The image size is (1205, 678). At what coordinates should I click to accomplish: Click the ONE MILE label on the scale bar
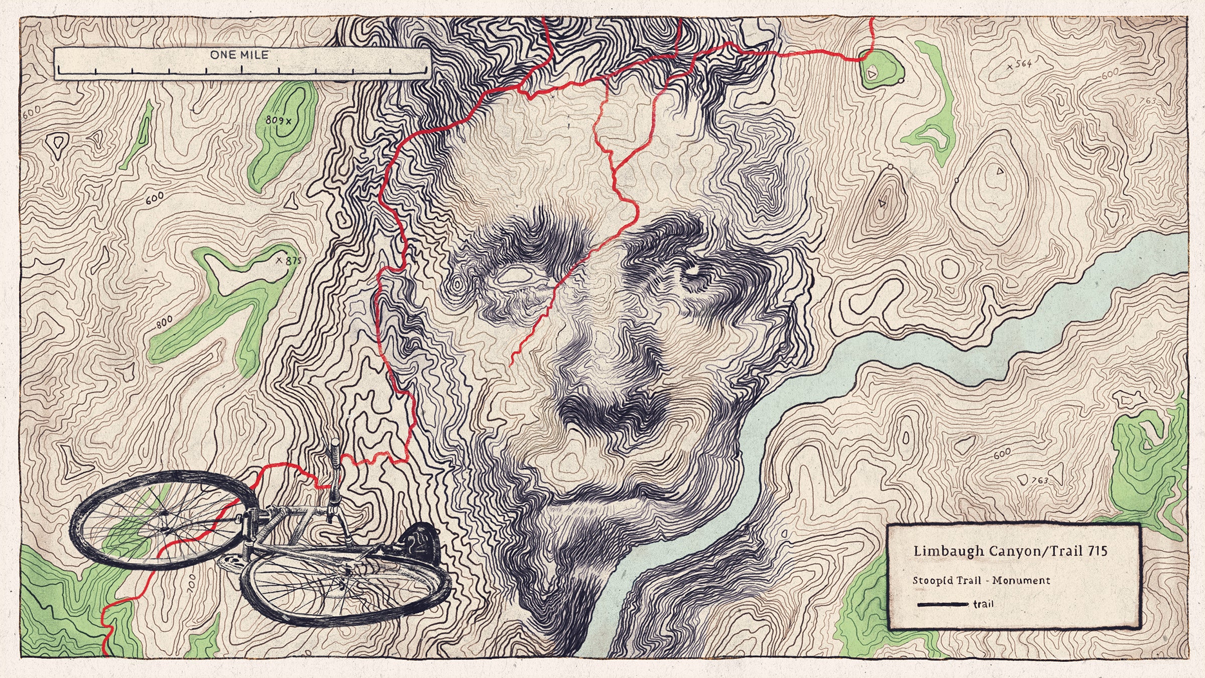click(239, 55)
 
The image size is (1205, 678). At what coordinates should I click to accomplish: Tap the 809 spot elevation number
click(275, 120)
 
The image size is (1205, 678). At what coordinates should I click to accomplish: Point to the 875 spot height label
click(293, 261)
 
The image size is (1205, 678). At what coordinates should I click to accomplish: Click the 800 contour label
click(164, 322)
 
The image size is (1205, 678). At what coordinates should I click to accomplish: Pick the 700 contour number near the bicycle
click(191, 584)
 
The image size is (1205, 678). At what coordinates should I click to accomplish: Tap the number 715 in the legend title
click(1098, 551)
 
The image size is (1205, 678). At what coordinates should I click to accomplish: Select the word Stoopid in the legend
click(929, 581)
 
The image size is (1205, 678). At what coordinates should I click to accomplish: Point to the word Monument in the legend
click(1021, 581)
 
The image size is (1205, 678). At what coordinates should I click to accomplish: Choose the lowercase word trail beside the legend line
click(983, 604)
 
